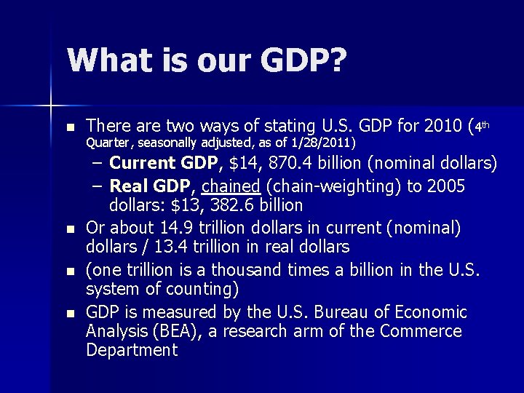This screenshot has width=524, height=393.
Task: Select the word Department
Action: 132,351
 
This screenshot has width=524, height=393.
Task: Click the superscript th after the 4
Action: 485,124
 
